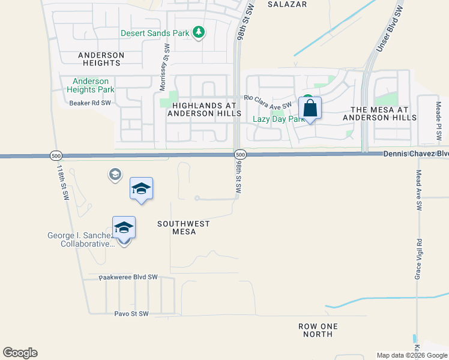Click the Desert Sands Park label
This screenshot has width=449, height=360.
155,33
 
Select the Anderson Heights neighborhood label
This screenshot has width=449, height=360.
101,59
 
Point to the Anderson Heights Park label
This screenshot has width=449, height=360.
91,85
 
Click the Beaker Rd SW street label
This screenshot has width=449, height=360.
90,103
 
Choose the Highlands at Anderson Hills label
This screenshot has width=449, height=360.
204,109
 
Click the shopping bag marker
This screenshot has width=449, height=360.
310,109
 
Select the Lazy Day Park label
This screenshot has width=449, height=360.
279,119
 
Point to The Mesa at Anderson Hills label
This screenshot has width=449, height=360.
379,113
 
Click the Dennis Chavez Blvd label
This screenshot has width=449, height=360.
415,154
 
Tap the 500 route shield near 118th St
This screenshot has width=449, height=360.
55,155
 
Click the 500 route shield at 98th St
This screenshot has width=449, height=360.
240,154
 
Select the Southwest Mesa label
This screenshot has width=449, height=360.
184,227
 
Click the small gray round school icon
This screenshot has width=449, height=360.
114,175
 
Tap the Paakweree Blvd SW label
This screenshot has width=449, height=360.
128,277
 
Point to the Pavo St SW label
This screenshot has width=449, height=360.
131,314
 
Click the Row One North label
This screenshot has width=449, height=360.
318,331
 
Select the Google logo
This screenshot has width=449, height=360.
20,353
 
